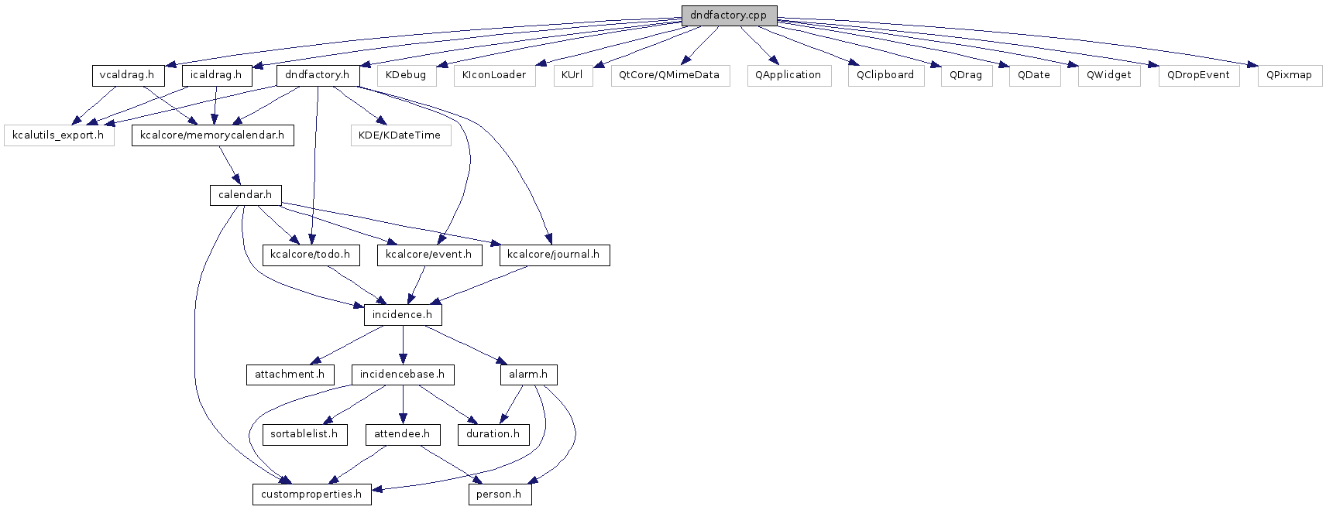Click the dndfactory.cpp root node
coord(729,15)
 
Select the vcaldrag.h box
coord(128,75)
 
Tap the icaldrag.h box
coord(217,75)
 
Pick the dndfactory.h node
coord(318,75)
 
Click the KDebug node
coord(407,76)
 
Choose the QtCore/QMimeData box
coord(670,76)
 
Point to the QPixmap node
coord(1290,76)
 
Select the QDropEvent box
coord(1199,76)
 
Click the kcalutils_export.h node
coord(59,135)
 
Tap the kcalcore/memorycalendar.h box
coord(212,135)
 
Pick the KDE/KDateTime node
coord(400,135)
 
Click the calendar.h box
coord(246,195)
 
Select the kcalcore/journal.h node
coord(554,255)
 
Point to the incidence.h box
coord(403,315)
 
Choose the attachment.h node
coord(290,375)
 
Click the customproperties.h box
coord(312,494)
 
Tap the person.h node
coord(500,494)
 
